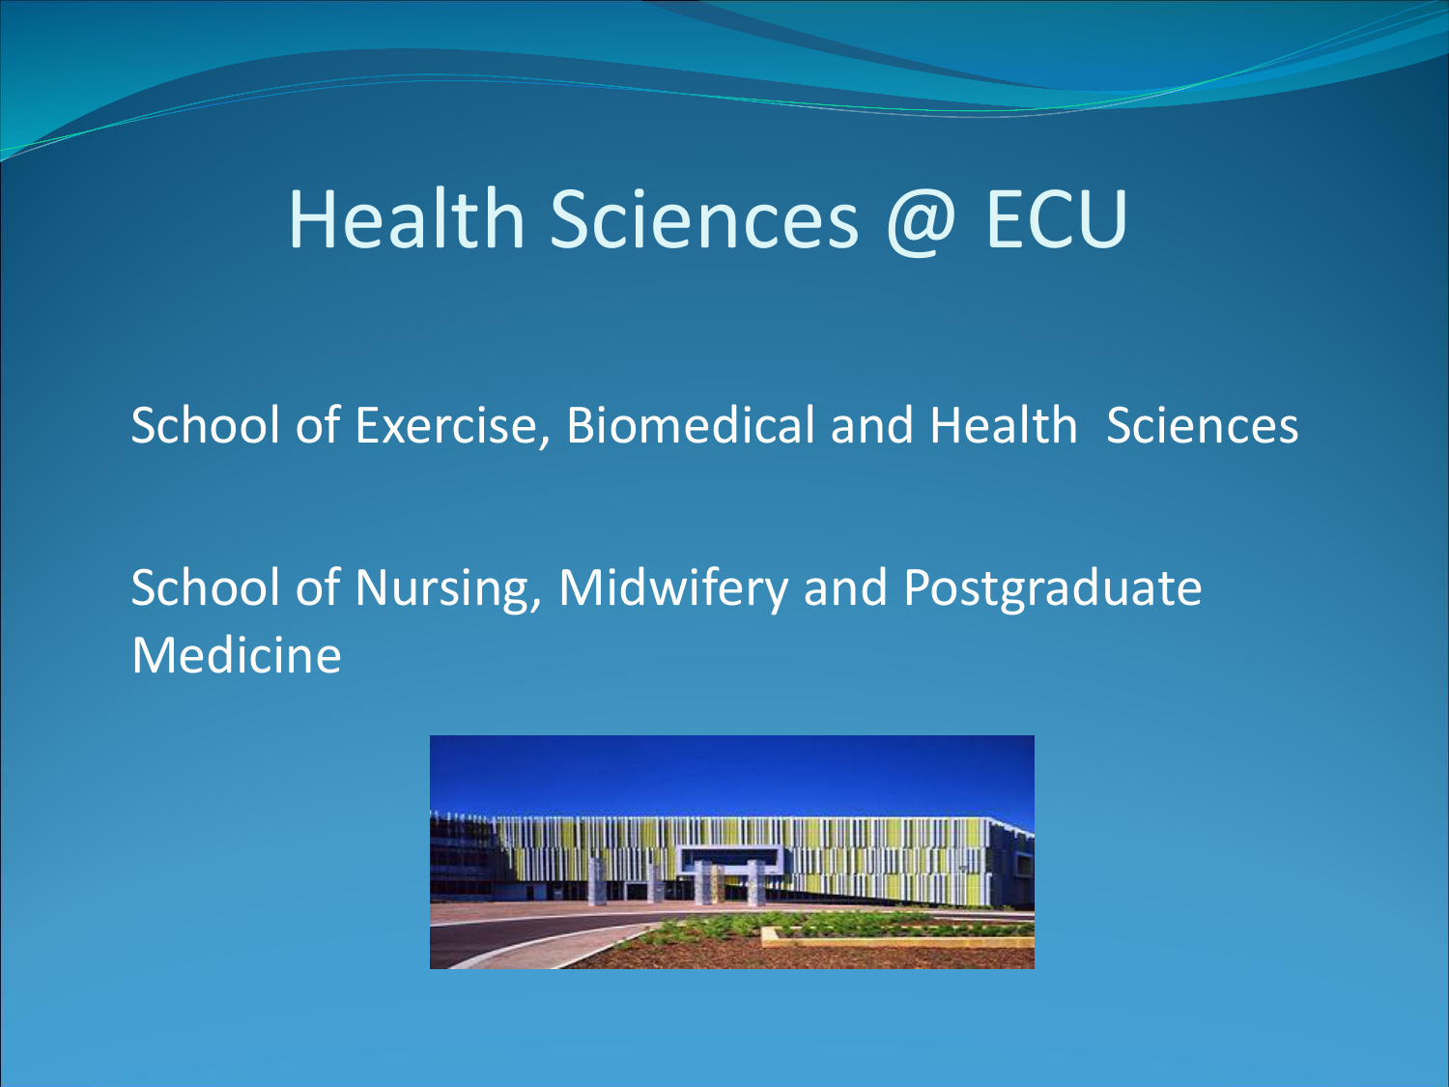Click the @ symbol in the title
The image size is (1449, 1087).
(921, 221)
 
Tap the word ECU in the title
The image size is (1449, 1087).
(1056, 218)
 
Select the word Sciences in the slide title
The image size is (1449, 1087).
(704, 218)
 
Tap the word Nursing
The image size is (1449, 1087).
(448, 588)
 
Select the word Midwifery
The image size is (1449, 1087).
(673, 587)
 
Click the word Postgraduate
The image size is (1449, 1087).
(1052, 588)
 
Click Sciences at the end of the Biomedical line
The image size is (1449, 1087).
(1202, 425)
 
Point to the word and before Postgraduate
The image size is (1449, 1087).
(845, 587)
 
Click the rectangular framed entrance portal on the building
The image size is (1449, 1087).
(730, 859)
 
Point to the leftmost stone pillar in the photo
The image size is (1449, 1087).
(597, 880)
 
